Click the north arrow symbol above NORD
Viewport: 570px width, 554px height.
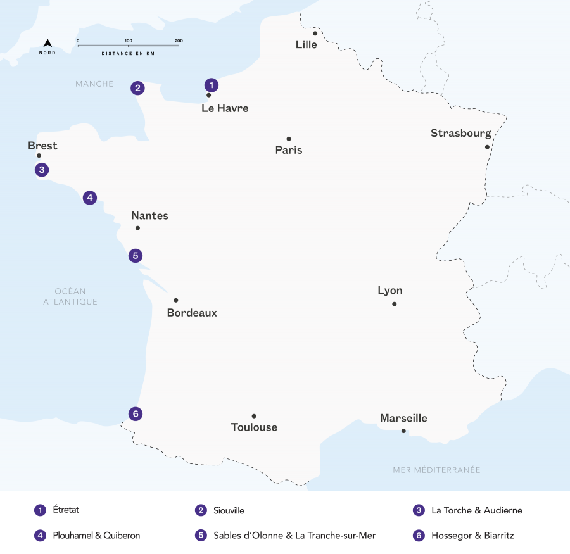pyautogui.click(x=47, y=43)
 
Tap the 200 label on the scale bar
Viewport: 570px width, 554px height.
pyautogui.click(x=179, y=41)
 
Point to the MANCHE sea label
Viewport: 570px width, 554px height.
pyautogui.click(x=94, y=84)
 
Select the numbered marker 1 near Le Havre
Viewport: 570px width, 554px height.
pyautogui.click(x=212, y=84)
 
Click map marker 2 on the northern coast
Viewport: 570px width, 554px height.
pyautogui.click(x=137, y=88)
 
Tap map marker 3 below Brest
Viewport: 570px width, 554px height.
pyautogui.click(x=42, y=170)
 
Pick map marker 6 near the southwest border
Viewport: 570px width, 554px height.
pyautogui.click(x=135, y=414)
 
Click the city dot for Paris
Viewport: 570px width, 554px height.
pyautogui.click(x=289, y=139)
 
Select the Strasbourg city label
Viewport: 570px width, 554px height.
pyautogui.click(x=460, y=133)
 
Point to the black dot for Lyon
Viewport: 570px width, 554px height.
pyautogui.click(x=394, y=304)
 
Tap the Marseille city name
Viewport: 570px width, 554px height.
pyautogui.click(x=403, y=418)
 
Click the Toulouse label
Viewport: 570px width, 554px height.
pyautogui.click(x=254, y=427)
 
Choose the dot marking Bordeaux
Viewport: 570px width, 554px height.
pyautogui.click(x=176, y=300)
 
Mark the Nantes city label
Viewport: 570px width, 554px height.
pyautogui.click(x=149, y=215)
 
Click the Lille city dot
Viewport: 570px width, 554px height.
pyautogui.click(x=315, y=33)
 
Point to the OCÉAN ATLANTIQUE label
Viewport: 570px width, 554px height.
pyautogui.click(x=70, y=296)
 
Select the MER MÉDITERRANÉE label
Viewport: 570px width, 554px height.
pyautogui.click(x=436, y=470)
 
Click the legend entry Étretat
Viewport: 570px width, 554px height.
pyautogui.click(x=66, y=510)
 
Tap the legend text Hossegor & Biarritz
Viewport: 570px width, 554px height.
pyautogui.click(x=472, y=536)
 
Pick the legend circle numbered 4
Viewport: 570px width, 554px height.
pyautogui.click(x=41, y=536)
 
